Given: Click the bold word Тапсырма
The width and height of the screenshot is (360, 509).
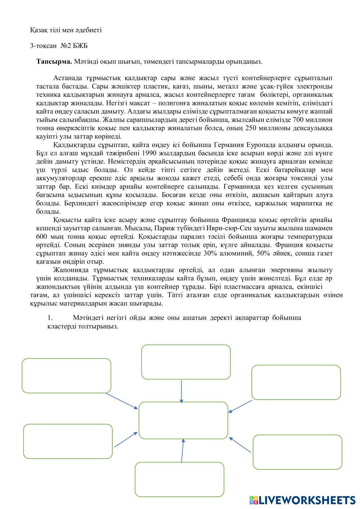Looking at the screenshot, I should click(54, 62).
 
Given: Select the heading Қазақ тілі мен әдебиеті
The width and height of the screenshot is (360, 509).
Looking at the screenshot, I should click(66, 30).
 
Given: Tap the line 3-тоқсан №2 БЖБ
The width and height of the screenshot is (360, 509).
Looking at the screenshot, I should click(59, 46).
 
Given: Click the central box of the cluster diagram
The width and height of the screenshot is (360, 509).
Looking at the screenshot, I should click(183, 420).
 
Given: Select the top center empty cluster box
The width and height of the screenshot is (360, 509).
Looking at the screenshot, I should click(186, 362).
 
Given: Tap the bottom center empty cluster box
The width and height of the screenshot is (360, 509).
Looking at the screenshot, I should click(179, 479).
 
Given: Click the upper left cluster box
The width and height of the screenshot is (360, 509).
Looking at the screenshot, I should click(66, 375).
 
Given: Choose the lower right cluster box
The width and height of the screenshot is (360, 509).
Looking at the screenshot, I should click(297, 452).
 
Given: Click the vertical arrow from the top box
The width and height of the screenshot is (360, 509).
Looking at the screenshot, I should click(181, 391).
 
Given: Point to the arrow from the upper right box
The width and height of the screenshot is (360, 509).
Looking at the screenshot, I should click(240, 406).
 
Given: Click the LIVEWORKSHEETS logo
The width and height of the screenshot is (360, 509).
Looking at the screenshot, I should click(302, 500).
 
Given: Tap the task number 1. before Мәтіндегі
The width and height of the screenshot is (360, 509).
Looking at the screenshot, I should click(50, 318).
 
